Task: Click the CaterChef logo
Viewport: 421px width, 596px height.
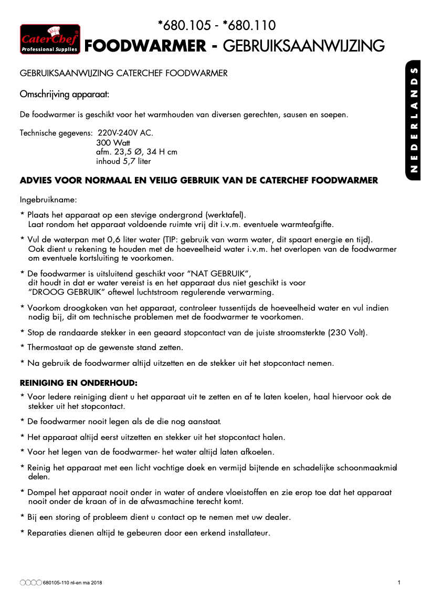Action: coord(50,39)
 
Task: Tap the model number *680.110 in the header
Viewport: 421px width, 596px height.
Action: coord(249,25)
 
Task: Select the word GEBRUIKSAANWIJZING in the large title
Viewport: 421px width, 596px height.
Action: coord(304,46)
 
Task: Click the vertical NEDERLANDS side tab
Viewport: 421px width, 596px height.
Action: coord(414,120)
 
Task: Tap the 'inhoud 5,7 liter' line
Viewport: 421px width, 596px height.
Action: coord(123,161)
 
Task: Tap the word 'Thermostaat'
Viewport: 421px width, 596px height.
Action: coord(51,347)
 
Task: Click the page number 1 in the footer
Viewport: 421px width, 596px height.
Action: coord(399,582)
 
